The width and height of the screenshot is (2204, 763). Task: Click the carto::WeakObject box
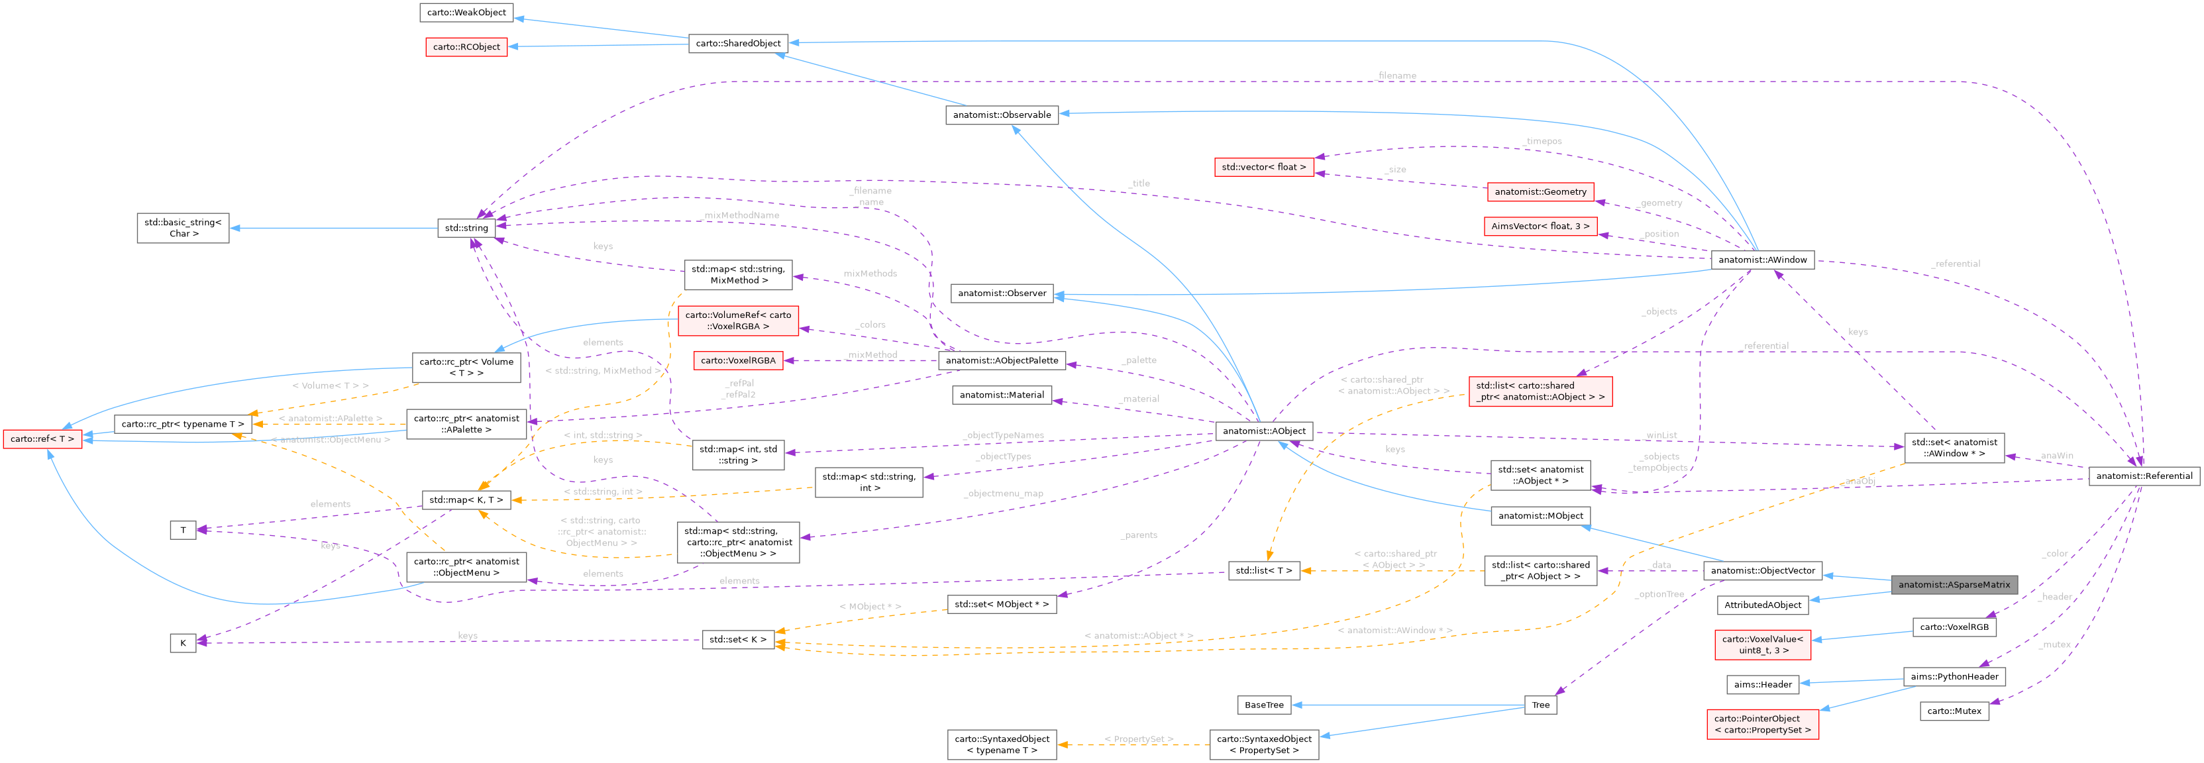(466, 12)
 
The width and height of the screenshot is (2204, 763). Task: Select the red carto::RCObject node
(466, 47)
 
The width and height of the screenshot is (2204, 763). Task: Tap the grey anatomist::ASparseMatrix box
(1954, 585)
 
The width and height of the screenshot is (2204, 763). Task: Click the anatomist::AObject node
(1264, 431)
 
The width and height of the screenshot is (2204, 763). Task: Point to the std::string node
(466, 228)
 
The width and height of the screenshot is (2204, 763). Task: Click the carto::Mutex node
(1954, 711)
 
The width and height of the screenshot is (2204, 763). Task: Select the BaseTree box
(1264, 705)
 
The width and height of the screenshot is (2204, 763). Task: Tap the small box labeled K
(182, 642)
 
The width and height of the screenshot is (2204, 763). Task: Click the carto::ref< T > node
(42, 439)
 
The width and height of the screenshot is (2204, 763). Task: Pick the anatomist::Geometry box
(1540, 191)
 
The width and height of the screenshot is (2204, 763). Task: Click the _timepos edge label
(1543, 141)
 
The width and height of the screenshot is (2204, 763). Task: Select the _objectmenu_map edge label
(1003, 493)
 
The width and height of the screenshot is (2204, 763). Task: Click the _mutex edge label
(2054, 644)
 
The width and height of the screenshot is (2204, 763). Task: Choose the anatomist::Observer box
(1002, 293)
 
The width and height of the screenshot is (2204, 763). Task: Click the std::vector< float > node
(1264, 167)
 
